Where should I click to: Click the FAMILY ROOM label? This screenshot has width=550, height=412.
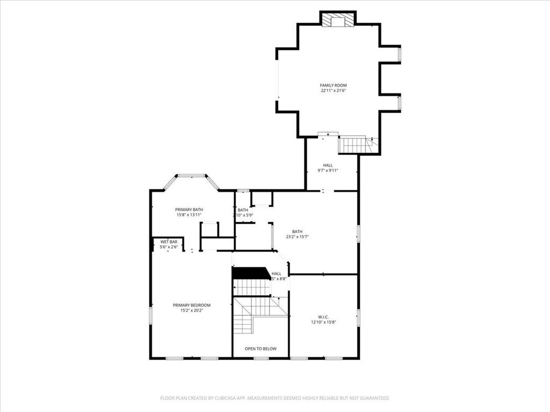click(x=333, y=85)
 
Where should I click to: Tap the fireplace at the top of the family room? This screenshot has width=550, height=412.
click(x=338, y=20)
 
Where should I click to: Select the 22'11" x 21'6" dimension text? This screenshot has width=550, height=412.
click(x=333, y=91)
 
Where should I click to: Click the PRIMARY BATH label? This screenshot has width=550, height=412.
click(x=189, y=210)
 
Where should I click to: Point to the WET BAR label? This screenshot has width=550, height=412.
click(x=169, y=242)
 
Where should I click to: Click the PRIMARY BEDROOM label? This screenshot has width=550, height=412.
click(x=192, y=305)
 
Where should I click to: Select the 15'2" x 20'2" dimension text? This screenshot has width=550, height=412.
click(x=192, y=311)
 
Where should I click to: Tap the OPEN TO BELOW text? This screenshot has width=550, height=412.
click(x=260, y=349)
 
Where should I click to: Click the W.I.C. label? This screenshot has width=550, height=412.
click(x=323, y=317)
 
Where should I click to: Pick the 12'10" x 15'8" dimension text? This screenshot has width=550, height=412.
click(x=323, y=322)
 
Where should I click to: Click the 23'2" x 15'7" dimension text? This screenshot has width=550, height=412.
click(x=297, y=237)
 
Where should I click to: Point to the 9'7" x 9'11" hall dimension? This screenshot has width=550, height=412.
click(x=328, y=171)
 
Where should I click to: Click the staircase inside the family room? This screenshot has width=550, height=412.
click(x=354, y=145)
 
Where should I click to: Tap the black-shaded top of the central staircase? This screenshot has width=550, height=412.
click(x=250, y=274)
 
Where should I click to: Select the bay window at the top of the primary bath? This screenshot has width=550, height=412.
click(x=192, y=175)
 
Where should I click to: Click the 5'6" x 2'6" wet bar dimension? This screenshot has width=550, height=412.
click(x=169, y=247)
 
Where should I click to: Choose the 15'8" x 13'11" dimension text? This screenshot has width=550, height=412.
click(x=189, y=215)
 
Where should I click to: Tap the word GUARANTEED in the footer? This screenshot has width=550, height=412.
click(x=373, y=398)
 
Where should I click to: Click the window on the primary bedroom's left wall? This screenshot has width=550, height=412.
click(x=151, y=314)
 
